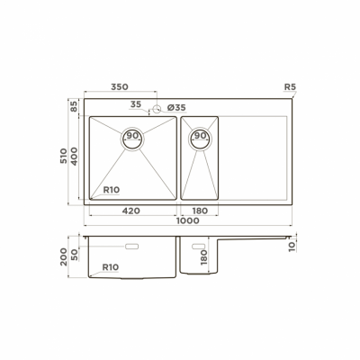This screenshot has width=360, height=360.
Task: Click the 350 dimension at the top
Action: coord(120,87)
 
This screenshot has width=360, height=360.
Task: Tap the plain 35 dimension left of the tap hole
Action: coord(135,104)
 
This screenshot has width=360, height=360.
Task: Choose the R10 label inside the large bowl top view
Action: coord(112,190)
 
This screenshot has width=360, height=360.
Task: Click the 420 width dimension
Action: coord(130,210)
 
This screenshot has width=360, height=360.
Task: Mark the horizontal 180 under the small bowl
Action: coord(199,210)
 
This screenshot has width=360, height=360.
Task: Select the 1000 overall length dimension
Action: coord(187,220)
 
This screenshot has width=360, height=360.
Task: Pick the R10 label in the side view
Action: coord(112,267)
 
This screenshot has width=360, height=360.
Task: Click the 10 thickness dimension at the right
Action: coord(292,244)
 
